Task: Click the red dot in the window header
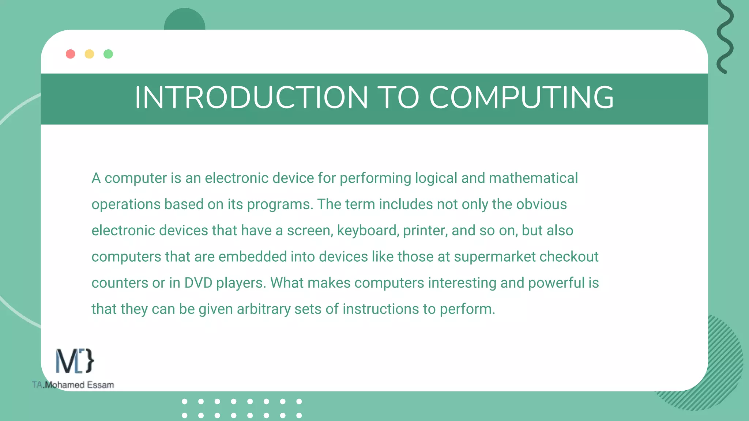[x=71, y=54]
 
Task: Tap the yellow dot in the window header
[x=89, y=54]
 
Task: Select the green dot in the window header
[x=108, y=54]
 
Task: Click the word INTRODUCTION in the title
[x=251, y=98]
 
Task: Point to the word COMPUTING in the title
[x=521, y=98]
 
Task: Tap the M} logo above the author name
[x=75, y=361]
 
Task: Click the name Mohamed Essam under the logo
[x=79, y=385]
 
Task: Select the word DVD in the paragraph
[x=198, y=283]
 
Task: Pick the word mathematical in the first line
[x=533, y=178]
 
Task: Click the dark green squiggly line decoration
[x=725, y=37]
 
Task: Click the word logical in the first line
[x=436, y=178]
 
